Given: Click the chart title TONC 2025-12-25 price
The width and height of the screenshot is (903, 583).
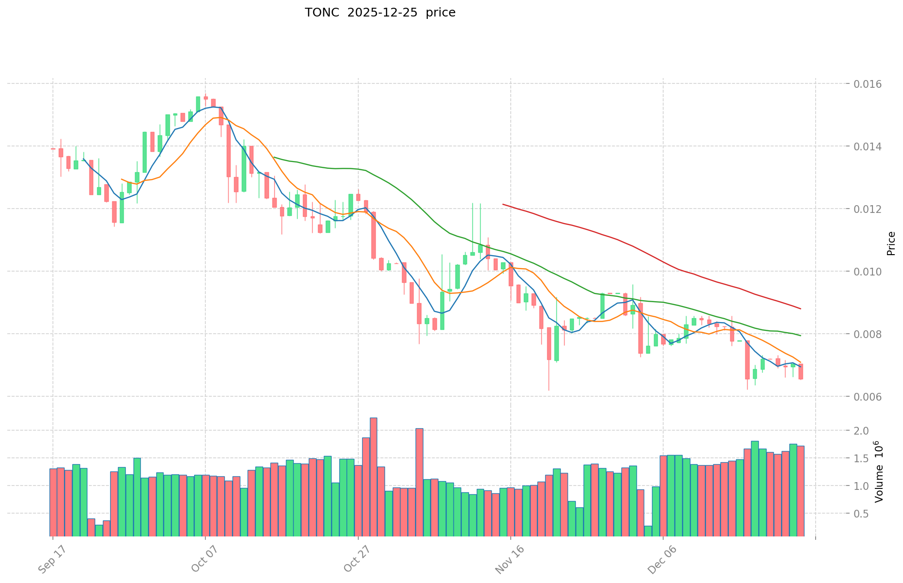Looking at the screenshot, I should (x=380, y=13).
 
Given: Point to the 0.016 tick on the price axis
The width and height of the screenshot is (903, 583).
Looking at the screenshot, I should (x=868, y=84).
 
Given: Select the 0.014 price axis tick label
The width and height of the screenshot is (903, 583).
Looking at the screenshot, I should (x=868, y=146).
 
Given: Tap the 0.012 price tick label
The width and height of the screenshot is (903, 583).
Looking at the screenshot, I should (x=868, y=209).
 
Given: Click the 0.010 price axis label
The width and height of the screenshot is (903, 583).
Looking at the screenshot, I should (x=868, y=272).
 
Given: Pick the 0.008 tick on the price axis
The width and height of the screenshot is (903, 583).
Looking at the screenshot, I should (x=868, y=334).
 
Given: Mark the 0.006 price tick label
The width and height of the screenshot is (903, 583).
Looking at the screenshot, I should (x=868, y=397).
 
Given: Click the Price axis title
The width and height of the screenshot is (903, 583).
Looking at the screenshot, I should (x=891, y=243).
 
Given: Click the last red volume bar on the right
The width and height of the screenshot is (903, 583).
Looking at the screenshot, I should (x=801, y=490).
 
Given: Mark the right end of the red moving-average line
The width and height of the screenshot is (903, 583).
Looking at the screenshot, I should (x=801, y=309).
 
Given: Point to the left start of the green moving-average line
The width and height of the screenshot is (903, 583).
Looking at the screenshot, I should (x=274, y=157).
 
